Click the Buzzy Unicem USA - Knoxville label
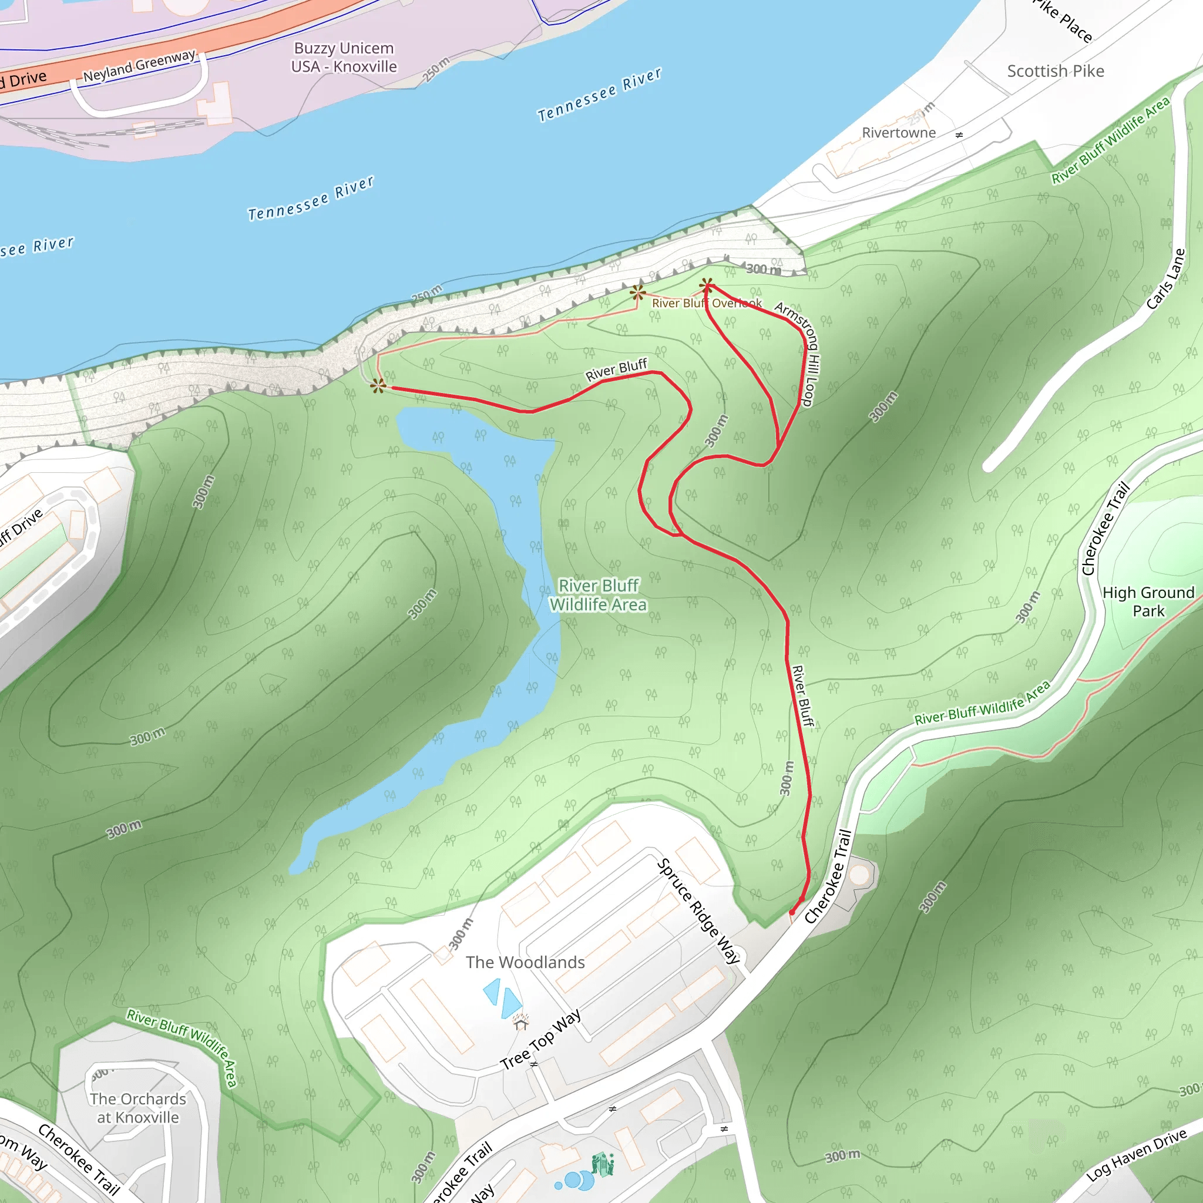344,58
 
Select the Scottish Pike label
1056,71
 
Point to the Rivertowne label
899,133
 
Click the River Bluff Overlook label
706,303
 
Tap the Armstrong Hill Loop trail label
799,353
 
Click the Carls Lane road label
1165,278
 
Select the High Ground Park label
1148,601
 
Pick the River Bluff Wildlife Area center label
598,594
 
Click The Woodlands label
525,962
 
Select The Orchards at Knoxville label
137,1108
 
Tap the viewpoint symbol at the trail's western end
378,386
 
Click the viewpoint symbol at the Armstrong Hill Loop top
706,287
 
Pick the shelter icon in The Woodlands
520,1022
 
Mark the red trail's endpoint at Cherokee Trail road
792,912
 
